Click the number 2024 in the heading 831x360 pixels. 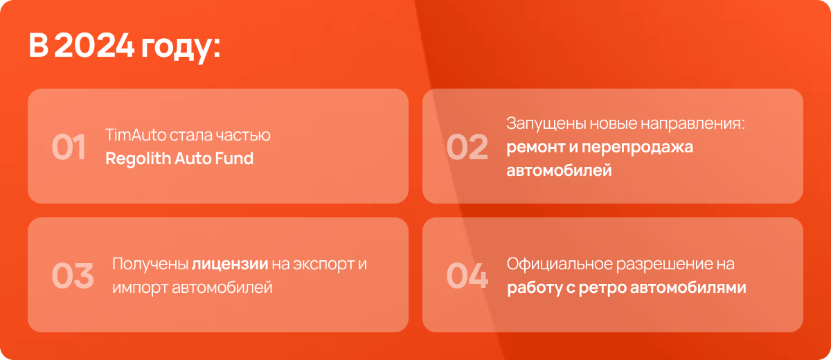tap(94, 45)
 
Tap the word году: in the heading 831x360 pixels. tap(181, 48)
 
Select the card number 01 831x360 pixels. tap(69, 147)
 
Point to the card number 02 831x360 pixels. tap(467, 147)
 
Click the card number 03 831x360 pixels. tap(73, 276)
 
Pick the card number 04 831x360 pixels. tap(467, 276)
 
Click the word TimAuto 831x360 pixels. tap(136, 134)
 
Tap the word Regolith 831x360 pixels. tap(138, 159)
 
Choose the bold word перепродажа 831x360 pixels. tap(637, 147)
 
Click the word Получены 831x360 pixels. tap(150, 264)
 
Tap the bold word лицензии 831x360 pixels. tap(230, 264)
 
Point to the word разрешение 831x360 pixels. tap(662, 264)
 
